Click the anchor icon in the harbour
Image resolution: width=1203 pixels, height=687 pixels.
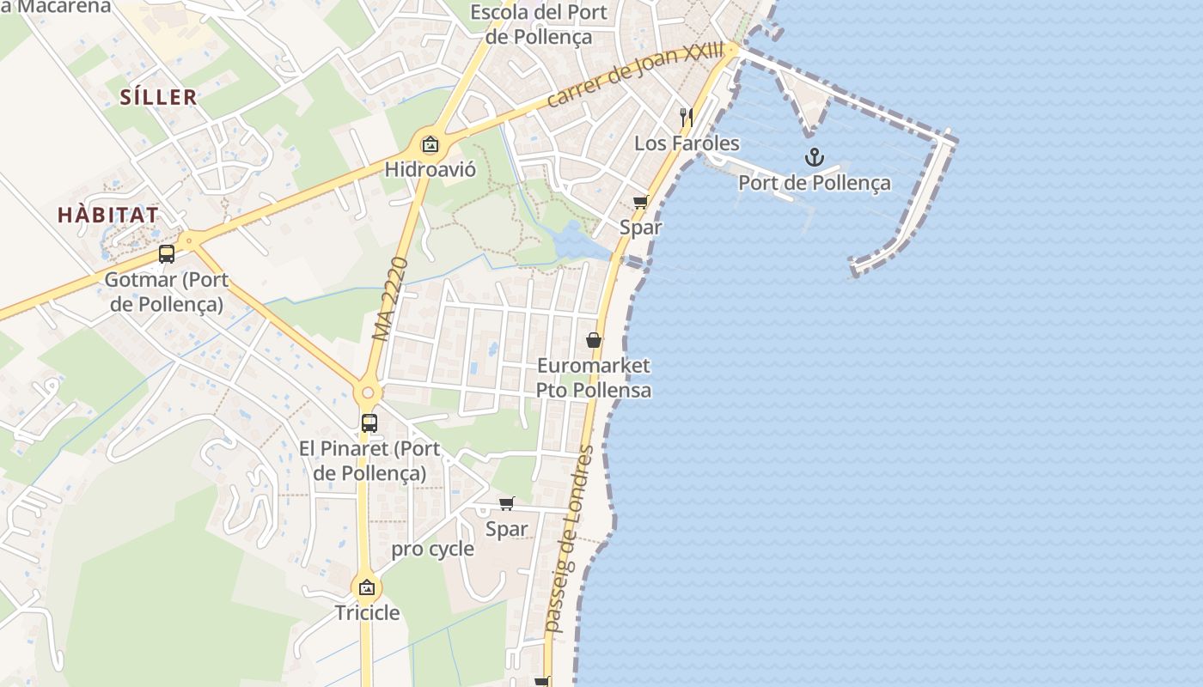click(x=814, y=157)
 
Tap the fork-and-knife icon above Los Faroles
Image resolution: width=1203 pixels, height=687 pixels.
click(x=686, y=117)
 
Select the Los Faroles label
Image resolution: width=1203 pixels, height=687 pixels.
click(x=687, y=143)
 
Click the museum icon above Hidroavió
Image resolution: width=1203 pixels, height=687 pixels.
click(x=430, y=143)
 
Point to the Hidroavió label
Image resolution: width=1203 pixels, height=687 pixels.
click(x=430, y=169)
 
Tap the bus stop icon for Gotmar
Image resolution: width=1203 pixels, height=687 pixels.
click(x=167, y=254)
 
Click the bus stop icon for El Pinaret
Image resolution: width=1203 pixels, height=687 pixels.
click(x=369, y=423)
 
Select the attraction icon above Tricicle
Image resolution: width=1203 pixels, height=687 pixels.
click(x=367, y=588)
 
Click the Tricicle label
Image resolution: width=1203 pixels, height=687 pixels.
click(x=367, y=612)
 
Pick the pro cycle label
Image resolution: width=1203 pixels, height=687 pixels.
click(x=432, y=550)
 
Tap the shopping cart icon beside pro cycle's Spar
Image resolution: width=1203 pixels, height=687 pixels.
click(x=507, y=504)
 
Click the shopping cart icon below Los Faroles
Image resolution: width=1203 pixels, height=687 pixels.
click(x=640, y=203)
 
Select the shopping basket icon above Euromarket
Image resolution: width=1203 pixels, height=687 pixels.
click(x=593, y=340)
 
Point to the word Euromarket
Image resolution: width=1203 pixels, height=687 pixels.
click(x=593, y=366)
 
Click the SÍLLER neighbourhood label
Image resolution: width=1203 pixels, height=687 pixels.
click(x=158, y=98)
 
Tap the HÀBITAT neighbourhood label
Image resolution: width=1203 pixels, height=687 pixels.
click(x=108, y=216)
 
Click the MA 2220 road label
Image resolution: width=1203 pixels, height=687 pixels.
click(x=389, y=298)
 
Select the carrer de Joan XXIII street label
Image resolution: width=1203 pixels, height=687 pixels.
click(x=634, y=76)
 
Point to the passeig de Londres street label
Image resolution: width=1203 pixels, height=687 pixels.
click(x=570, y=539)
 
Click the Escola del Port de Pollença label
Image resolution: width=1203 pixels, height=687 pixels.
click(x=539, y=24)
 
